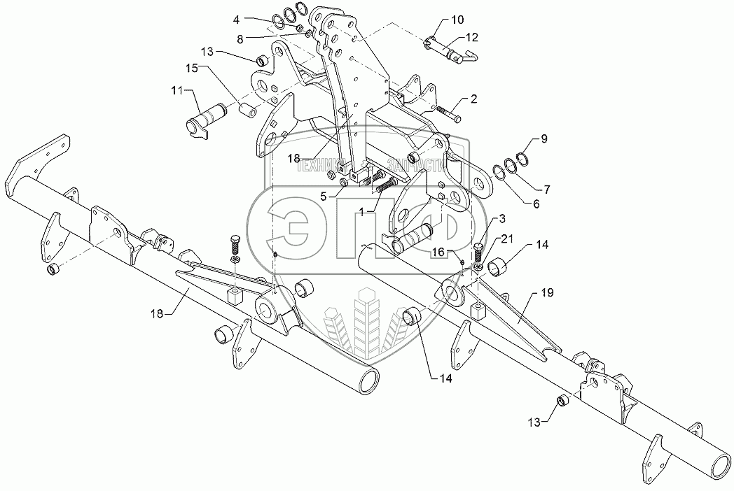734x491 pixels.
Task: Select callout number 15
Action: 192,67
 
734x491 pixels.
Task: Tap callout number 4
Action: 237,19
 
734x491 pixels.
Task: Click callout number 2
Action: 473,100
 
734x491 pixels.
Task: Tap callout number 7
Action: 547,190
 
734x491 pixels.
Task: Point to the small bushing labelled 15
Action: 247,110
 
